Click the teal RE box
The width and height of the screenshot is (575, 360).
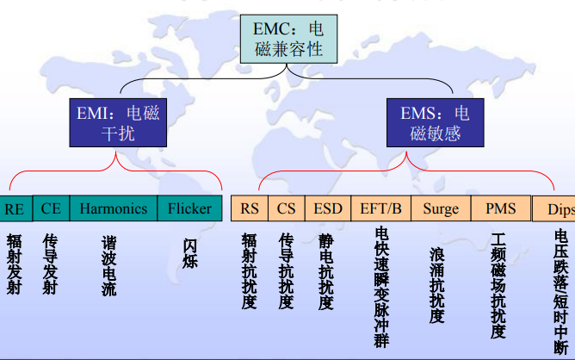coord(15,208)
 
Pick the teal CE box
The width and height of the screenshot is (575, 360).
coord(51,208)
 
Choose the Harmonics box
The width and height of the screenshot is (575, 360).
coord(114,208)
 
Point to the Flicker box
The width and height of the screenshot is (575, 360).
coord(189,208)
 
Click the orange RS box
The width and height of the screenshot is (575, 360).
coord(250,208)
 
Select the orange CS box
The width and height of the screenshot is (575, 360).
coord(287,208)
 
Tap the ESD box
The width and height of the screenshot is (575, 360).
coord(328,208)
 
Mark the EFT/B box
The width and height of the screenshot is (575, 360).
coord(380,208)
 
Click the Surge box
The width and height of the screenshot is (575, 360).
coord(441,208)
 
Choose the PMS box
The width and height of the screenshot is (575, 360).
coord(501,208)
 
